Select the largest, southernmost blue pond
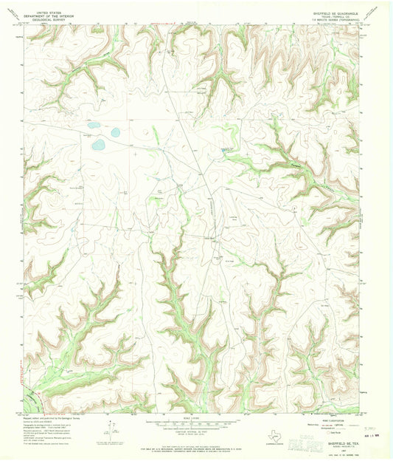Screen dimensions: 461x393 [x=99, y=144]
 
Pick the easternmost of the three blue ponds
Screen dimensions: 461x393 [x=115, y=133]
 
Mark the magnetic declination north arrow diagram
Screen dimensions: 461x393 [x=111, y=428]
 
